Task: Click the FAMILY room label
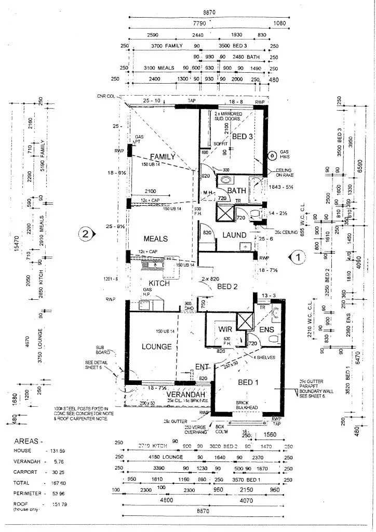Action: click(x=162, y=156)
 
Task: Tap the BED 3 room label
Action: click(x=243, y=137)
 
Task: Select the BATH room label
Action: click(x=236, y=191)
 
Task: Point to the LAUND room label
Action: click(x=234, y=235)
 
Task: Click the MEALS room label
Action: click(x=155, y=239)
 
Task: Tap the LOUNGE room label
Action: click(x=156, y=347)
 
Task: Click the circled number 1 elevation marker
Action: click(x=298, y=256)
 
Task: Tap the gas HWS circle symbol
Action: click(x=271, y=155)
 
